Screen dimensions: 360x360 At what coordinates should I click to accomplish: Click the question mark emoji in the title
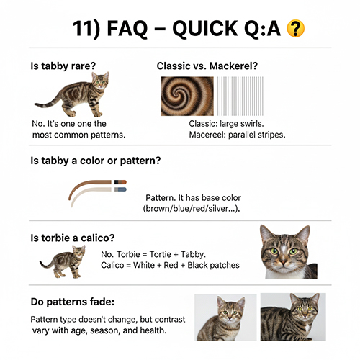(294, 29)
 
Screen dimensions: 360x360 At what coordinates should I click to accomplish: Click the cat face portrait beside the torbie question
(287, 252)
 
